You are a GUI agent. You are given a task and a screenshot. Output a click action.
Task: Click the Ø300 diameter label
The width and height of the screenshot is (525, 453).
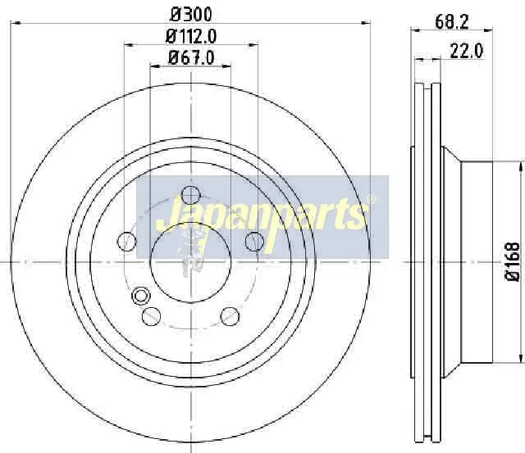(191, 15)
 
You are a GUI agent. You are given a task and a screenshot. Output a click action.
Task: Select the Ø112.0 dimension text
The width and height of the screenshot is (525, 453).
(191, 36)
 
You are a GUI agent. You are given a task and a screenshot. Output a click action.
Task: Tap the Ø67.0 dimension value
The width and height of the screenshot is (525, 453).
(191, 57)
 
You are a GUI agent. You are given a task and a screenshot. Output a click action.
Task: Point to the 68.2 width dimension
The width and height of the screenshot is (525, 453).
(452, 22)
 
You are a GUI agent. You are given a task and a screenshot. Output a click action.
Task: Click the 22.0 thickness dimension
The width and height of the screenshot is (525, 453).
(467, 52)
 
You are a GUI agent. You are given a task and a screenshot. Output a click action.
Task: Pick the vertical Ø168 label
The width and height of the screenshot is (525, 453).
(512, 262)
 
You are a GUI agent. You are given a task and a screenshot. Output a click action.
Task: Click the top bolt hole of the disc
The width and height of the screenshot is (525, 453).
(190, 195)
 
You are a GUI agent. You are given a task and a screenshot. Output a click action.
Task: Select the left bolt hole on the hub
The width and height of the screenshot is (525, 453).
(127, 241)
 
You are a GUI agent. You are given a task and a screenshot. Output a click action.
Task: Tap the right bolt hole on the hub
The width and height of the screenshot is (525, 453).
(254, 241)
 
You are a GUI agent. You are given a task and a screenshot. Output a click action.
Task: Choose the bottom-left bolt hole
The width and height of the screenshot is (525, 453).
(151, 316)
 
